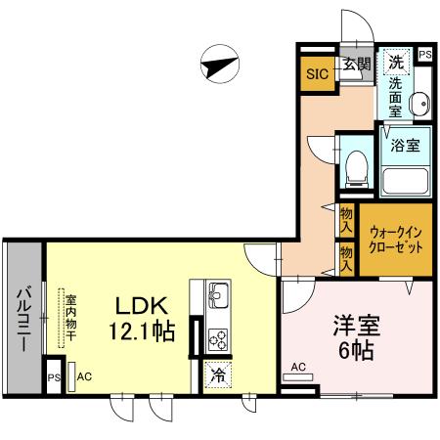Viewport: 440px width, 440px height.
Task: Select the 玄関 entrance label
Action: point(356,66)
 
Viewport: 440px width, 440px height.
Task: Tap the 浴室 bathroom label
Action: point(406,147)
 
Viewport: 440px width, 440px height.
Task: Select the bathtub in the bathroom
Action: point(406,181)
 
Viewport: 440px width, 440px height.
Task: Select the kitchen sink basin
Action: point(217,292)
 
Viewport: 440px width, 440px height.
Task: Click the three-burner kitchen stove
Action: point(217,338)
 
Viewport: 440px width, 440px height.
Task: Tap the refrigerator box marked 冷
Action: point(217,374)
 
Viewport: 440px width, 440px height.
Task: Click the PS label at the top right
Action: point(424,57)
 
